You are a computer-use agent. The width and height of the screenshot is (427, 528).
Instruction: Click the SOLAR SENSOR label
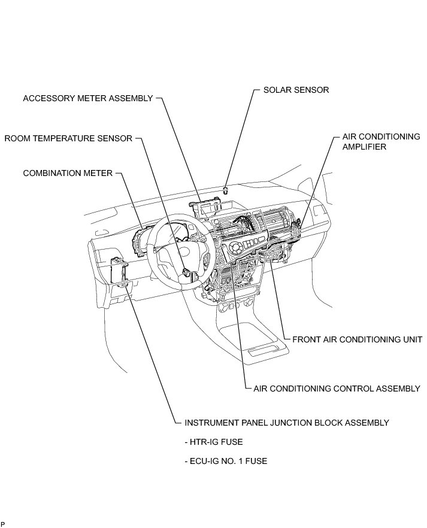click(296, 90)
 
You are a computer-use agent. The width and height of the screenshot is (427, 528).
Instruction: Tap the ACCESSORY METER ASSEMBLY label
click(87, 98)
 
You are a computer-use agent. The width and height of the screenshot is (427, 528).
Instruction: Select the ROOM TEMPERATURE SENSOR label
click(68, 139)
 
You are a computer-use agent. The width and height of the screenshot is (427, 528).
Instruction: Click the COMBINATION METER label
click(68, 173)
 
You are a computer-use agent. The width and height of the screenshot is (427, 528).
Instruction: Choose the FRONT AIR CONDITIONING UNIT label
click(357, 339)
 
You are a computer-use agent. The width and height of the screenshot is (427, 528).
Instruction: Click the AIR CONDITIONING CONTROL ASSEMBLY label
click(337, 389)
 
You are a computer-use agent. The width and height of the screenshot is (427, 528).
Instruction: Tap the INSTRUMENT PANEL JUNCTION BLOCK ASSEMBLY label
click(286, 423)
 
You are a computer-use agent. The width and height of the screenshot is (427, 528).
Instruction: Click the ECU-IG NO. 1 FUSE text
click(226, 461)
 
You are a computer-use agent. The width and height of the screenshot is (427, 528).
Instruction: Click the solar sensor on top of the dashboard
click(225, 190)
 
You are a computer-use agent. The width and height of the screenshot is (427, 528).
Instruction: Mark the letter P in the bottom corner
click(3, 524)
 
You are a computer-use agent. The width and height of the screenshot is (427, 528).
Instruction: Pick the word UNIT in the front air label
click(411, 339)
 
